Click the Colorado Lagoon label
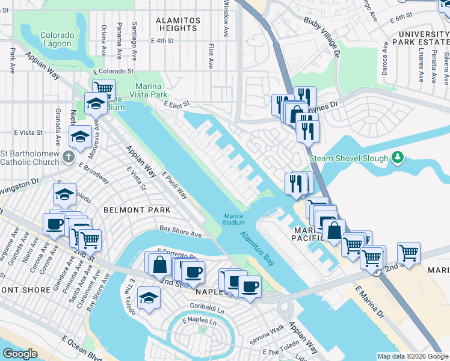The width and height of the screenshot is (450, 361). [58, 40]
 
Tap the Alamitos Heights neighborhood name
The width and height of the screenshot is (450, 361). [177, 24]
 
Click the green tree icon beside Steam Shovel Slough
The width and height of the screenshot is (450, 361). [396, 158]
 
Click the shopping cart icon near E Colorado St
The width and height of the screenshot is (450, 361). [104, 89]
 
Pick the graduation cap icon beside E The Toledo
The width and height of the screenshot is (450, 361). [149, 297]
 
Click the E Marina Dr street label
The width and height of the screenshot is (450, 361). [369, 302]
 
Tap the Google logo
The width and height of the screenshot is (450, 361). [20, 354]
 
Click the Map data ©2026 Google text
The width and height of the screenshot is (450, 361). [413, 356]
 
